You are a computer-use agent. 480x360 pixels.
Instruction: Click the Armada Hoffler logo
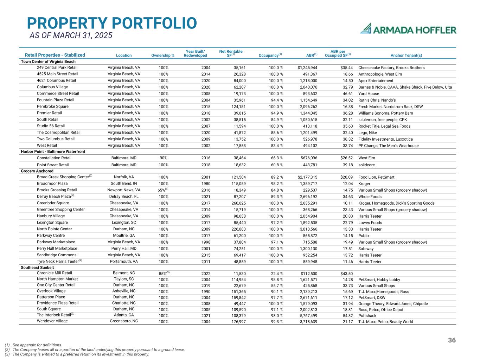point(408,29)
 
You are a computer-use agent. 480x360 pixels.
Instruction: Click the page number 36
point(452,340)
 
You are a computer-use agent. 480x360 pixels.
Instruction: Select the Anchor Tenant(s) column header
point(406,56)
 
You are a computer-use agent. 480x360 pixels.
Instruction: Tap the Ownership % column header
point(163,56)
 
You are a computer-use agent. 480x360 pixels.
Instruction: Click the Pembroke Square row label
point(53,107)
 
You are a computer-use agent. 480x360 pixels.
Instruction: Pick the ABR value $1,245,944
point(307,67)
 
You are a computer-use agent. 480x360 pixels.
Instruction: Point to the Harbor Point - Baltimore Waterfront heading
point(53,152)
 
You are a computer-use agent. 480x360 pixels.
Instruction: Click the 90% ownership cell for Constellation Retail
point(164,158)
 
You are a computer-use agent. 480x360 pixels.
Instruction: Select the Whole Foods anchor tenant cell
point(370,197)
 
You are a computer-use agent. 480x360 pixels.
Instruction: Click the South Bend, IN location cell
point(124,184)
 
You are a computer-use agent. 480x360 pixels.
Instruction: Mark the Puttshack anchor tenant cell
point(367,316)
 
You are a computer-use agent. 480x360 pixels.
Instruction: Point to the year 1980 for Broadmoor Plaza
point(206,184)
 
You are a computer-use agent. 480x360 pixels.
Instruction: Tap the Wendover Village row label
point(52,321)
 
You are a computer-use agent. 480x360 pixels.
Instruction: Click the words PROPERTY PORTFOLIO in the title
point(112,23)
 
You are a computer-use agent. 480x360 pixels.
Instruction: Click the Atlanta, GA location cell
point(124,315)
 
